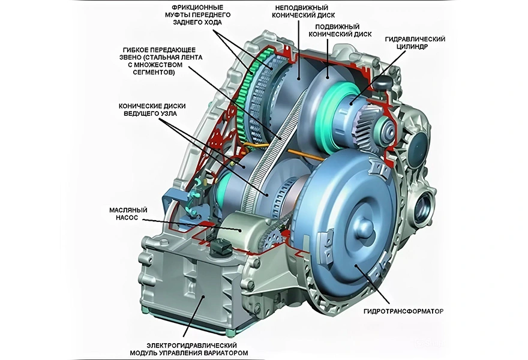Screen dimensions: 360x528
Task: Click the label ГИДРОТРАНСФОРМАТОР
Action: point(404,311)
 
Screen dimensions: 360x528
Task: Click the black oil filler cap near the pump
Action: point(218,246)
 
